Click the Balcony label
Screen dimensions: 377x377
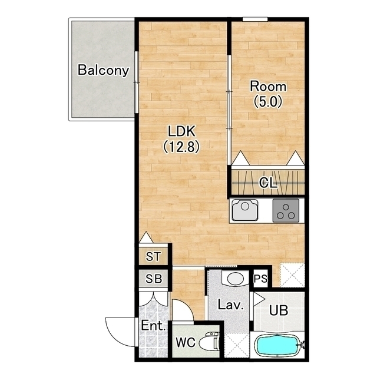[x=104, y=70]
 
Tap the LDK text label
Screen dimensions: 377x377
[x=181, y=131]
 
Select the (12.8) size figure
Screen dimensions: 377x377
[x=181, y=147]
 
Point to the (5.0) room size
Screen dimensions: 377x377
[x=268, y=101]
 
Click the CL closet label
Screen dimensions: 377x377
[x=268, y=183]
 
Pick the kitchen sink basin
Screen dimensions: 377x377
[x=245, y=210]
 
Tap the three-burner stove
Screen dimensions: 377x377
[x=286, y=210]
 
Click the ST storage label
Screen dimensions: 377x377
[x=153, y=256]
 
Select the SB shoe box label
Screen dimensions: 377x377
[x=154, y=279]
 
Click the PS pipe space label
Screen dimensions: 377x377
[x=260, y=279]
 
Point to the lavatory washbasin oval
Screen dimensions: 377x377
[x=235, y=279]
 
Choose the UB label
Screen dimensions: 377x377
[x=279, y=310]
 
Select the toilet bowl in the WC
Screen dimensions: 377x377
[x=209, y=342]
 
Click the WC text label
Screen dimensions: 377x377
[x=186, y=342]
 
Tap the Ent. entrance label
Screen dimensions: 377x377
[x=153, y=326]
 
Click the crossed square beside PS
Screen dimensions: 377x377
[x=292, y=275]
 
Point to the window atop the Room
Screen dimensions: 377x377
[x=255, y=19]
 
